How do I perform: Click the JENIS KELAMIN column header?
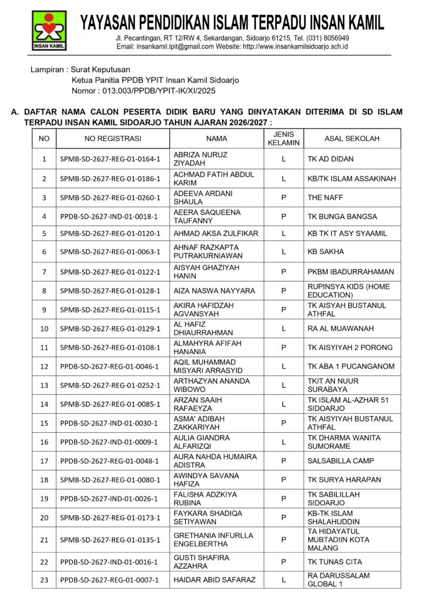[283, 139]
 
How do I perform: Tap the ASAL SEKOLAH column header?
[352, 139]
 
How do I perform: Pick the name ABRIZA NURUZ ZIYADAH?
[200, 159]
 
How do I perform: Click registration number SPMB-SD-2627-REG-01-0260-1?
[111, 197]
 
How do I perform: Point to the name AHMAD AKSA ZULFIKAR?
[216, 234]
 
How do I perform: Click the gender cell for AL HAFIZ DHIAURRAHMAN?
[283, 329]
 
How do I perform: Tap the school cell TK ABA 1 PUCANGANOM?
[351, 366]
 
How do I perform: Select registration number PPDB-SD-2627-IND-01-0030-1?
[109, 423]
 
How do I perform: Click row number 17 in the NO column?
[44, 461]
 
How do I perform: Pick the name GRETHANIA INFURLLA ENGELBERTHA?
[213, 540]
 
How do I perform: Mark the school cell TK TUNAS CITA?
[334, 562]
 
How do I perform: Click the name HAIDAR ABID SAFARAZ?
[214, 580]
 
